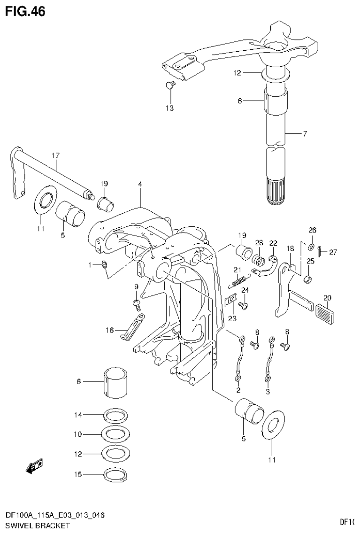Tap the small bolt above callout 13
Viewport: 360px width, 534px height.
(170, 85)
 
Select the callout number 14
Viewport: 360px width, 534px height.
(78, 415)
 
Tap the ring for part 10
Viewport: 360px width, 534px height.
(115, 434)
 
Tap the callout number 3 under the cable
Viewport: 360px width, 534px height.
(267, 390)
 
